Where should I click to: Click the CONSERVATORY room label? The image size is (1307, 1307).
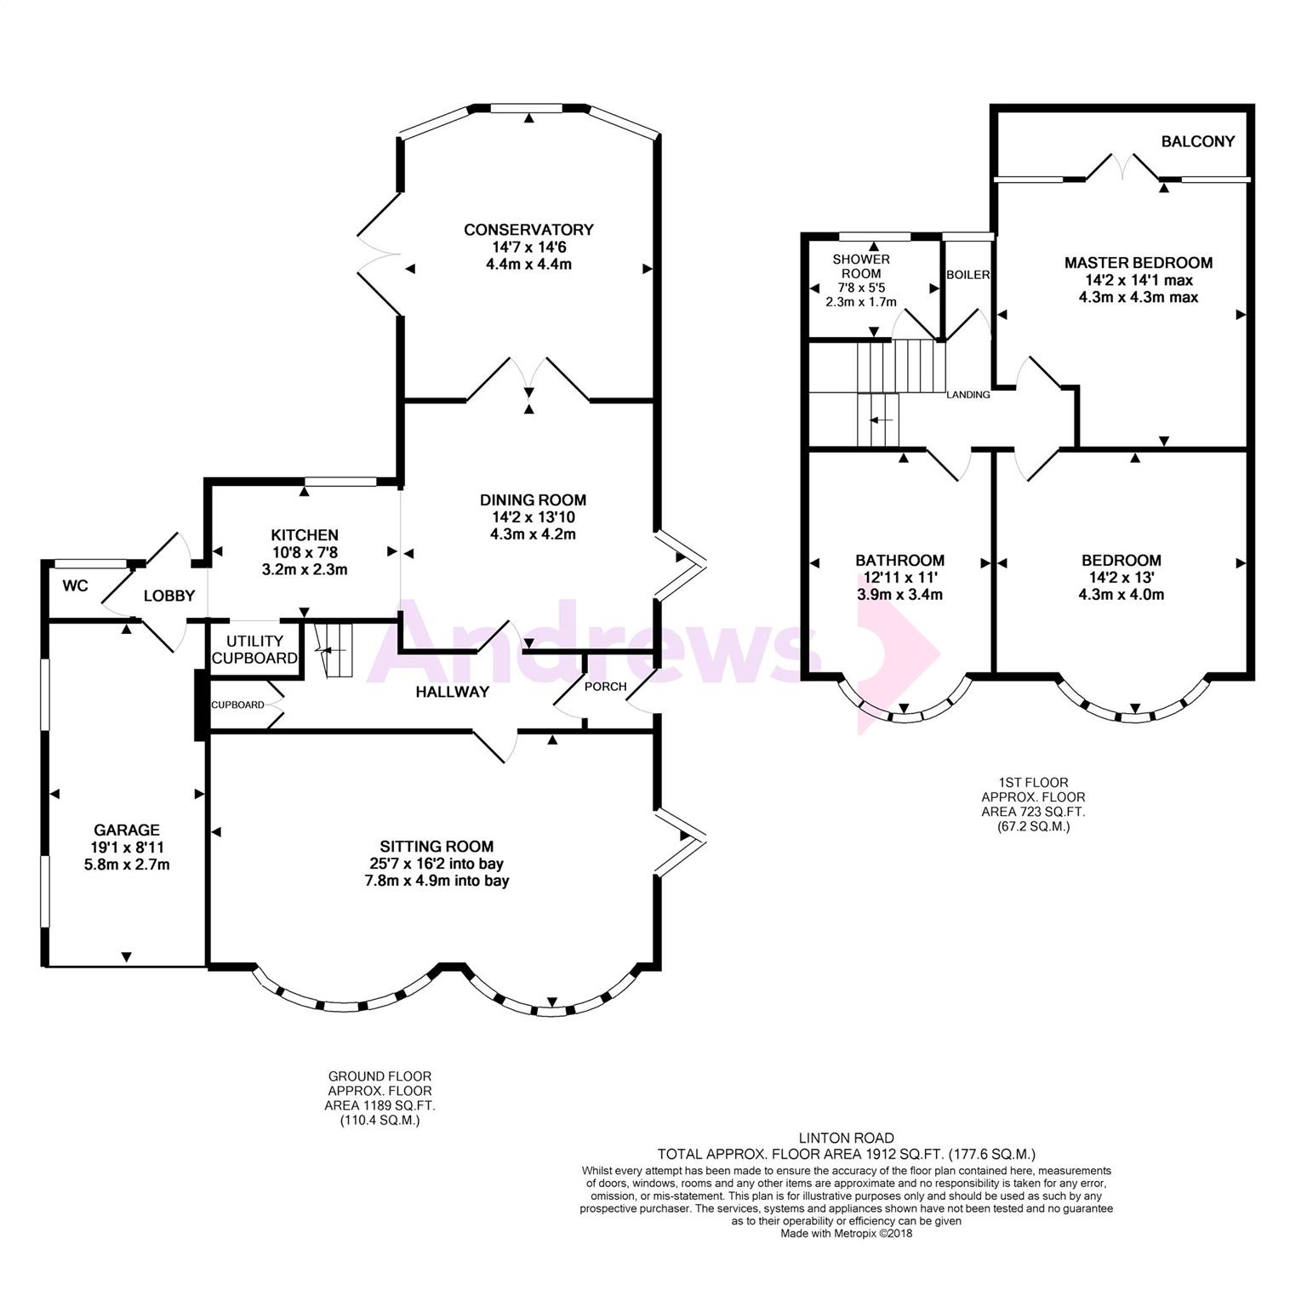pyautogui.click(x=528, y=230)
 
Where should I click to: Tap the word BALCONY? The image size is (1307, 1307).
pyautogui.click(x=1198, y=141)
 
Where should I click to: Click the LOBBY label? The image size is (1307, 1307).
pyautogui.click(x=169, y=596)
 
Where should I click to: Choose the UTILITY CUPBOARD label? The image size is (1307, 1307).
pyautogui.click(x=254, y=649)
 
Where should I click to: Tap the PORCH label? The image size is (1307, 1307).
pyautogui.click(x=607, y=686)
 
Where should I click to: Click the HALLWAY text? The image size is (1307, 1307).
pyautogui.click(x=452, y=692)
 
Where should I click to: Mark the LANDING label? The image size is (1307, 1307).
pyautogui.click(x=969, y=395)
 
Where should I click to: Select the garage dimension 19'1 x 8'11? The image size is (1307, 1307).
pyautogui.click(x=127, y=848)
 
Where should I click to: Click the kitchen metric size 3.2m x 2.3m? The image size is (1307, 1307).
pyautogui.click(x=305, y=569)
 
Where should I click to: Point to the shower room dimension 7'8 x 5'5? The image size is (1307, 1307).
pyautogui.click(x=861, y=288)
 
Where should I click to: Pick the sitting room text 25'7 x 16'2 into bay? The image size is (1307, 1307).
pyautogui.click(x=437, y=864)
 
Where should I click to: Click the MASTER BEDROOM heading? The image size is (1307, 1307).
pyautogui.click(x=1139, y=263)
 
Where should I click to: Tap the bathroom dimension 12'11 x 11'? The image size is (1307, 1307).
pyautogui.click(x=899, y=578)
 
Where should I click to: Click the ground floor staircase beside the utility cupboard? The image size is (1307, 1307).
pyautogui.click(x=334, y=651)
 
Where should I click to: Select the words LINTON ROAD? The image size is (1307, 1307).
pyautogui.click(x=846, y=1138)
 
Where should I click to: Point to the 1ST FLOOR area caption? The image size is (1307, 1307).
pyautogui.click(x=1034, y=804)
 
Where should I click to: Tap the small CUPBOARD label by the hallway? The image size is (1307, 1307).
pyautogui.click(x=237, y=705)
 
